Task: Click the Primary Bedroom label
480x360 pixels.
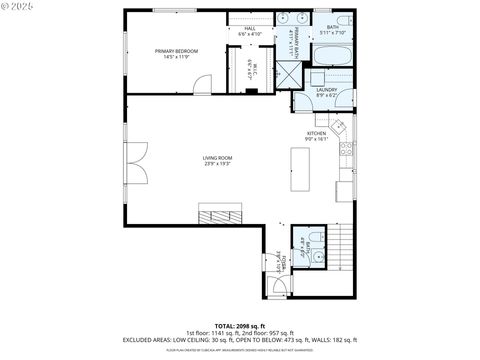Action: pos(176,53)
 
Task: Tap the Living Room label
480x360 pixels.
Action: pos(217,160)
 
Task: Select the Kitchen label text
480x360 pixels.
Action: pos(316,136)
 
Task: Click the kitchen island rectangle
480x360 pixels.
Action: pos(300,169)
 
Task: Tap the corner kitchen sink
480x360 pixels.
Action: pos(338,126)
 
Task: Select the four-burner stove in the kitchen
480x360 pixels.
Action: pos(346,152)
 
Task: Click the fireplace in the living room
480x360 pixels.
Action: pos(219,214)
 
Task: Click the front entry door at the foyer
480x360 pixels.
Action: pos(280,289)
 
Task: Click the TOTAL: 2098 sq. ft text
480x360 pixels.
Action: pos(239,325)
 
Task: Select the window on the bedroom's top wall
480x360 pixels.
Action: pos(174,10)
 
